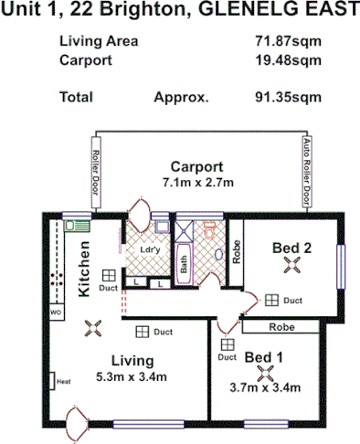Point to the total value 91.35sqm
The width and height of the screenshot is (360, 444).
[289, 96]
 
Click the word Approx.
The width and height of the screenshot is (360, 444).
[182, 96]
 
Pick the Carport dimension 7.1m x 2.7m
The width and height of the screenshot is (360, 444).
[197, 183]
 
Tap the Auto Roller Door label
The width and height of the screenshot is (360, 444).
[306, 173]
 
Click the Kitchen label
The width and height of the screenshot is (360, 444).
[84, 269]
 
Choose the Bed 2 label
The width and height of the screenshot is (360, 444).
[292, 247]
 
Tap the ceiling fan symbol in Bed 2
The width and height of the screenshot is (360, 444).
[292, 266]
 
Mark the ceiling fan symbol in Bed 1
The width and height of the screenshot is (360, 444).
[266, 373]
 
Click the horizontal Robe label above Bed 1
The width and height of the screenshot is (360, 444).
[280, 326]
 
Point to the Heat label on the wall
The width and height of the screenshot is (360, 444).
[63, 381]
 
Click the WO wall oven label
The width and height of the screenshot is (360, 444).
[56, 312]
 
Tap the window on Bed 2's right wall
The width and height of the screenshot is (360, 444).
[343, 266]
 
